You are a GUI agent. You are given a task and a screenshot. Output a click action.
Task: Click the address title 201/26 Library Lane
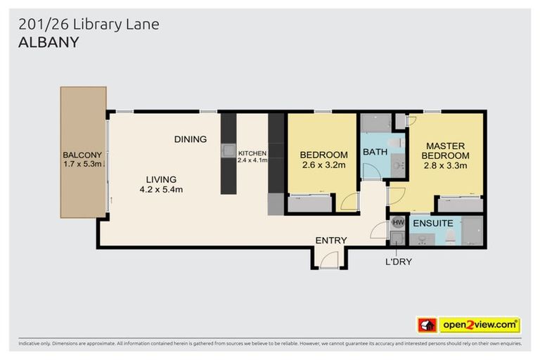(89, 25)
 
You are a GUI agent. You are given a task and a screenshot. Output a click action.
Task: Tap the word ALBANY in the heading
(48, 42)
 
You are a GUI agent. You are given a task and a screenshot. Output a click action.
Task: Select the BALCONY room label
(82, 155)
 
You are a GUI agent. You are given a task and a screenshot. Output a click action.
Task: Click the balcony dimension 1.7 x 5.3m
(83, 165)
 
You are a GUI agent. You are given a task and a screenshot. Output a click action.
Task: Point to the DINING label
(191, 139)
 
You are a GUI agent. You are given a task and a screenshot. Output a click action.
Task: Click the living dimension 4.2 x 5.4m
(161, 189)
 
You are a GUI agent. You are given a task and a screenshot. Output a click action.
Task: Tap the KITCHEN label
(252, 153)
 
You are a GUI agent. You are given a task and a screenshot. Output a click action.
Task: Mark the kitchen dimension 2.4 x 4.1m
(252, 161)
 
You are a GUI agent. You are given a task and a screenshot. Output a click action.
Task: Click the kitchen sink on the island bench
(229, 150)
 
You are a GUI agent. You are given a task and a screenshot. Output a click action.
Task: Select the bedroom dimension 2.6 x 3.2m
(323, 166)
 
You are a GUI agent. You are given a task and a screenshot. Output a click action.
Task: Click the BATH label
(375, 152)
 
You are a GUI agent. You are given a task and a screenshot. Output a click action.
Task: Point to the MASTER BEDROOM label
(446, 150)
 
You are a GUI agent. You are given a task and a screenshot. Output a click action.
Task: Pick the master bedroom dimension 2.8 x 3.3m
(446, 166)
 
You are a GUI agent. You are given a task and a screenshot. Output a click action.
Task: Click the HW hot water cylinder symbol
(397, 222)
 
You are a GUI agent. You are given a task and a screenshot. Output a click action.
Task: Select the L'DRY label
(398, 262)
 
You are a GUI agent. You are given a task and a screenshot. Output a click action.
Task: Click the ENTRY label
(330, 240)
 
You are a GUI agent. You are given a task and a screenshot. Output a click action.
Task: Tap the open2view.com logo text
(479, 325)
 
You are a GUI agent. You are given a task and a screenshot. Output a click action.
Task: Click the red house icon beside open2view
(427, 325)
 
